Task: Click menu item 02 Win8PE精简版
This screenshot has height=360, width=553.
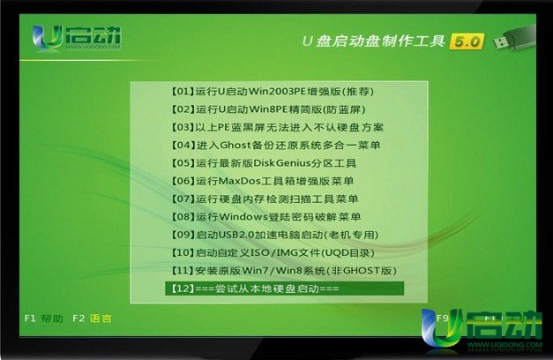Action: tap(268, 109)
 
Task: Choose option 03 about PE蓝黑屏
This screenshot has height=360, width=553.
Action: tap(278, 127)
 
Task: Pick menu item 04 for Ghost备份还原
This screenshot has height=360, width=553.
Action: tap(276, 146)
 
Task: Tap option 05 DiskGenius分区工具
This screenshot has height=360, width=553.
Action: tap(264, 163)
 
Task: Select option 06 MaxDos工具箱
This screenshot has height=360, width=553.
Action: tap(263, 181)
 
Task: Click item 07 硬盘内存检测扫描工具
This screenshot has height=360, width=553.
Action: tap(265, 199)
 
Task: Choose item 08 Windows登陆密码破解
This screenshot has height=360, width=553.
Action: tap(266, 217)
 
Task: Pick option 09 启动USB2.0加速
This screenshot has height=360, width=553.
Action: tap(275, 235)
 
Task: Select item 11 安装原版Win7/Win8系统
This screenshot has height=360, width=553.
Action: tap(284, 271)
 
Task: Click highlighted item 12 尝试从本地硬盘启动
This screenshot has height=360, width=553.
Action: tap(284, 289)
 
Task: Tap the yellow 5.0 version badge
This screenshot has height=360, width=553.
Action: tap(467, 41)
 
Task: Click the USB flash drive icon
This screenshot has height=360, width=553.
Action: tap(514, 39)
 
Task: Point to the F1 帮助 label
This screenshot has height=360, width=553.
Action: tap(44, 319)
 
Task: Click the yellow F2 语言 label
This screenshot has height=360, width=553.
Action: tap(92, 319)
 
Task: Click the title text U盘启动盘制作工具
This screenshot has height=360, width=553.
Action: tap(374, 41)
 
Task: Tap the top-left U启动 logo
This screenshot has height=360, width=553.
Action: tap(76, 38)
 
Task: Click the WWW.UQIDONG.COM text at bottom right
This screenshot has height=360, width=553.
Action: tap(505, 345)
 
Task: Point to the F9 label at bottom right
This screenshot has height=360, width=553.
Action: tap(442, 319)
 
